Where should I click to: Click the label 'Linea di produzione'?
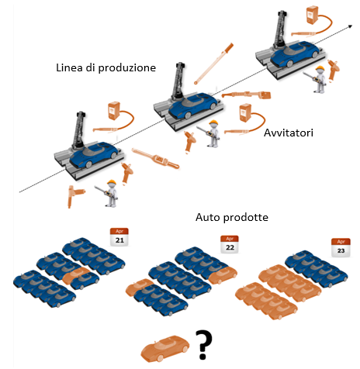(x=106, y=67)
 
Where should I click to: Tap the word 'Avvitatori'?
(x=289, y=133)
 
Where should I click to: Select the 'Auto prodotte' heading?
(x=232, y=217)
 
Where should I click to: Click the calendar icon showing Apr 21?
(x=119, y=236)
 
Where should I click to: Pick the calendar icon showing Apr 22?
(x=230, y=244)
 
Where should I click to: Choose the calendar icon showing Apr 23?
(x=341, y=247)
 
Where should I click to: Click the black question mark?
(x=203, y=345)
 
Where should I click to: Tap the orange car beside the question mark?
(x=165, y=348)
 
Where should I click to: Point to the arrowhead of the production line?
(x=350, y=26)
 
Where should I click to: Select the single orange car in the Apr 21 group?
(x=75, y=275)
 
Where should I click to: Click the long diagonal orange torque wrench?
(x=213, y=64)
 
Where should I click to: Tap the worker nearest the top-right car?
(x=318, y=79)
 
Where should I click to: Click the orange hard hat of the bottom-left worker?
(x=112, y=182)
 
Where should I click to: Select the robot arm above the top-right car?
(x=280, y=30)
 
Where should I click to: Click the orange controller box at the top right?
(x=312, y=16)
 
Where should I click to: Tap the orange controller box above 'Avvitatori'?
(x=245, y=112)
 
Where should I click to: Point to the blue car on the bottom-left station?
(x=93, y=155)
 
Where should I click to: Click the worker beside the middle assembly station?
(x=212, y=133)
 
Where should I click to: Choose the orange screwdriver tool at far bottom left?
(x=75, y=196)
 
